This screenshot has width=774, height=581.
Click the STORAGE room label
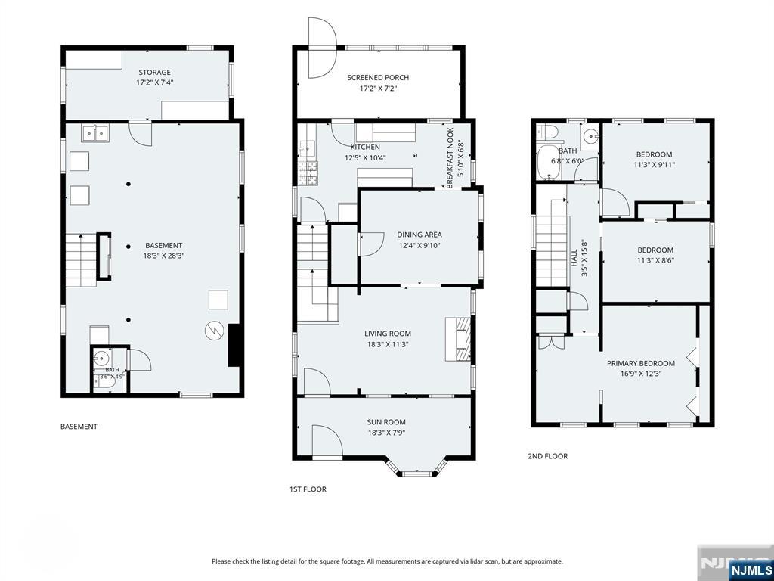pyautogui.click(x=154, y=73)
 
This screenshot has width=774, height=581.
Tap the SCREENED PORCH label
pyautogui.click(x=378, y=78)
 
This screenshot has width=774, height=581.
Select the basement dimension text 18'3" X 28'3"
pyautogui.click(x=164, y=256)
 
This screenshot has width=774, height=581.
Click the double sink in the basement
pyautogui.click(x=95, y=133)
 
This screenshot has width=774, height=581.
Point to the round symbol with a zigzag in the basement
pyautogui.click(x=212, y=331)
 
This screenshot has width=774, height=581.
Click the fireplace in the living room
pyautogui.click(x=457, y=340)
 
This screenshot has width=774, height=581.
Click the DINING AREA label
pyautogui.click(x=420, y=235)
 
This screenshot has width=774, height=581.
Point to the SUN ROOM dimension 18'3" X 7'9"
pyautogui.click(x=386, y=433)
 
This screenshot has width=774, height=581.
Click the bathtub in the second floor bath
pyautogui.click(x=548, y=163)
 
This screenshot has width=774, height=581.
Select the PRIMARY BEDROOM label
pyautogui.click(x=641, y=363)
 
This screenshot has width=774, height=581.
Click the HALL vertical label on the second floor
pyautogui.click(x=574, y=258)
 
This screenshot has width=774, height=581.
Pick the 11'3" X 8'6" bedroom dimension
pyautogui.click(x=655, y=260)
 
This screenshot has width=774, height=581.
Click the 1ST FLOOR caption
pyautogui.click(x=308, y=489)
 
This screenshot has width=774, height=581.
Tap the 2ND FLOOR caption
pyautogui.click(x=548, y=456)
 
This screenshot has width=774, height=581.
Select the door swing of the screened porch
pyautogui.click(x=322, y=48)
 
